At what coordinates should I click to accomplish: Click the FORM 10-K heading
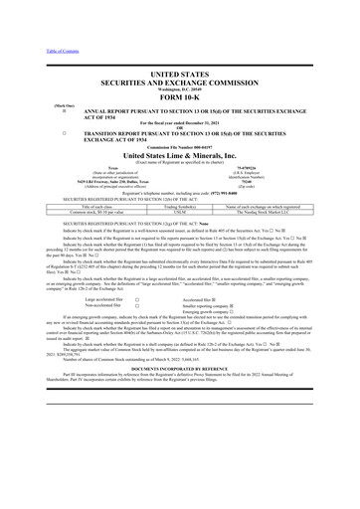[x=179, y=95]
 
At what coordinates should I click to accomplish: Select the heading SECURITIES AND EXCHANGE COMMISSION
[x=179, y=80]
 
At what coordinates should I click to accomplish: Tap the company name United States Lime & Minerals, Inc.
[x=179, y=155]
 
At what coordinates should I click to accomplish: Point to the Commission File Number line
[x=179, y=146]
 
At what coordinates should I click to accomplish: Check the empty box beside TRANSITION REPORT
[x=37, y=130]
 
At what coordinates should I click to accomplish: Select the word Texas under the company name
[x=90, y=169]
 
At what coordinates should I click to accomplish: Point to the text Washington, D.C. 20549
[x=179, y=88]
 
